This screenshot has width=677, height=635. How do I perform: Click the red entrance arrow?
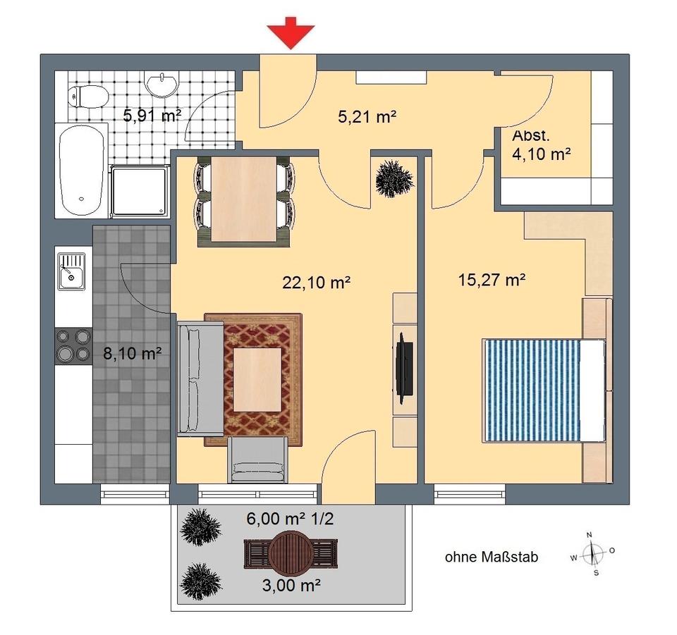(291, 33)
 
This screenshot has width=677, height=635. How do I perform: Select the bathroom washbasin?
(161, 84)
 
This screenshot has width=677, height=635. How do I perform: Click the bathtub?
(82, 170)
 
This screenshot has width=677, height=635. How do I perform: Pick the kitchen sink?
(72, 271)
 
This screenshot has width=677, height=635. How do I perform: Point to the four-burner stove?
(73, 345)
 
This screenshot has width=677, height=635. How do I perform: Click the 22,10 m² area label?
(316, 283)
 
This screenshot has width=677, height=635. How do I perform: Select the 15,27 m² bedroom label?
(492, 280)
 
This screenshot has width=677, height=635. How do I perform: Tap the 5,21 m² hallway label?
(367, 116)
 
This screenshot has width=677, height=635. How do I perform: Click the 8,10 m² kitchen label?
(133, 354)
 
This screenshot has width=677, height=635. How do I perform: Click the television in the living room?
(405, 368)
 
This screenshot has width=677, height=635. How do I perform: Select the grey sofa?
(201, 378)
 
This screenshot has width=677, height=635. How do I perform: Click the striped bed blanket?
(531, 390)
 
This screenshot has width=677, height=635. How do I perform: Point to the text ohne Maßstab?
(492, 557)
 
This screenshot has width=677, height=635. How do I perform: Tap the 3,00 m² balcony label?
(291, 586)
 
